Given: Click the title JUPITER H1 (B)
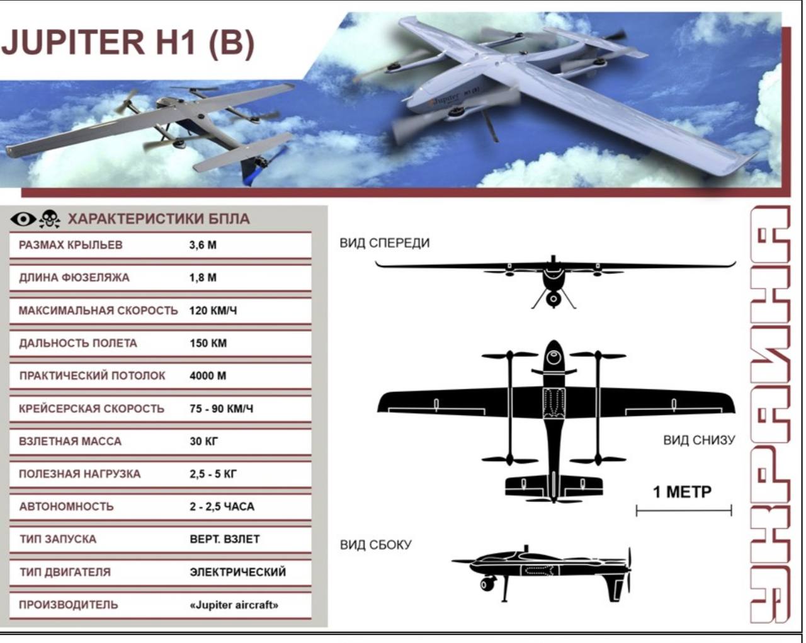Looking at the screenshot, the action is coord(128,42).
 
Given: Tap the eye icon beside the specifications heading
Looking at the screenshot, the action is coord(23,219).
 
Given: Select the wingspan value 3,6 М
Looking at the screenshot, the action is coord(203,245).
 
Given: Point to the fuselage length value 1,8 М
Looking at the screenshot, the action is coord(203,278).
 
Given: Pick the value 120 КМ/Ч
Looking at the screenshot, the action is coord(213,310).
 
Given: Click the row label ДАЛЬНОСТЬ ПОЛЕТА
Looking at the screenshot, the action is coord(78,343).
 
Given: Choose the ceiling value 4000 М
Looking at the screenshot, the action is coord(208,375).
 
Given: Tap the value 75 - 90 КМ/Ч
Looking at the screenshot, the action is coord(222,409).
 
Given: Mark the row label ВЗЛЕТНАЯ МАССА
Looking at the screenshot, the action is coord(70,441).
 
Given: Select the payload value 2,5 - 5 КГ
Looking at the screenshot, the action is coord(213,474).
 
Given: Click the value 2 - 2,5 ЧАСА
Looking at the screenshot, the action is coord(222,506).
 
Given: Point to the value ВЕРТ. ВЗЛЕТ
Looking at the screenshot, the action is coord(225,539).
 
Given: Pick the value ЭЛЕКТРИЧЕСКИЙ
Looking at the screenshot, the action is coord(238,572).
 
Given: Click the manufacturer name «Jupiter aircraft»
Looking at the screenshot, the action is coord(234,605).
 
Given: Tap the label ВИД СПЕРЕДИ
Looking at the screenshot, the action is coord(385,243).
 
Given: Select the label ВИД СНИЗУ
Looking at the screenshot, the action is coord(699,440).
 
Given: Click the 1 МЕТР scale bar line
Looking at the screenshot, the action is coord(684,510).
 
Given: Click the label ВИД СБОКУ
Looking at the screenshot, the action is coord(376,545).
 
